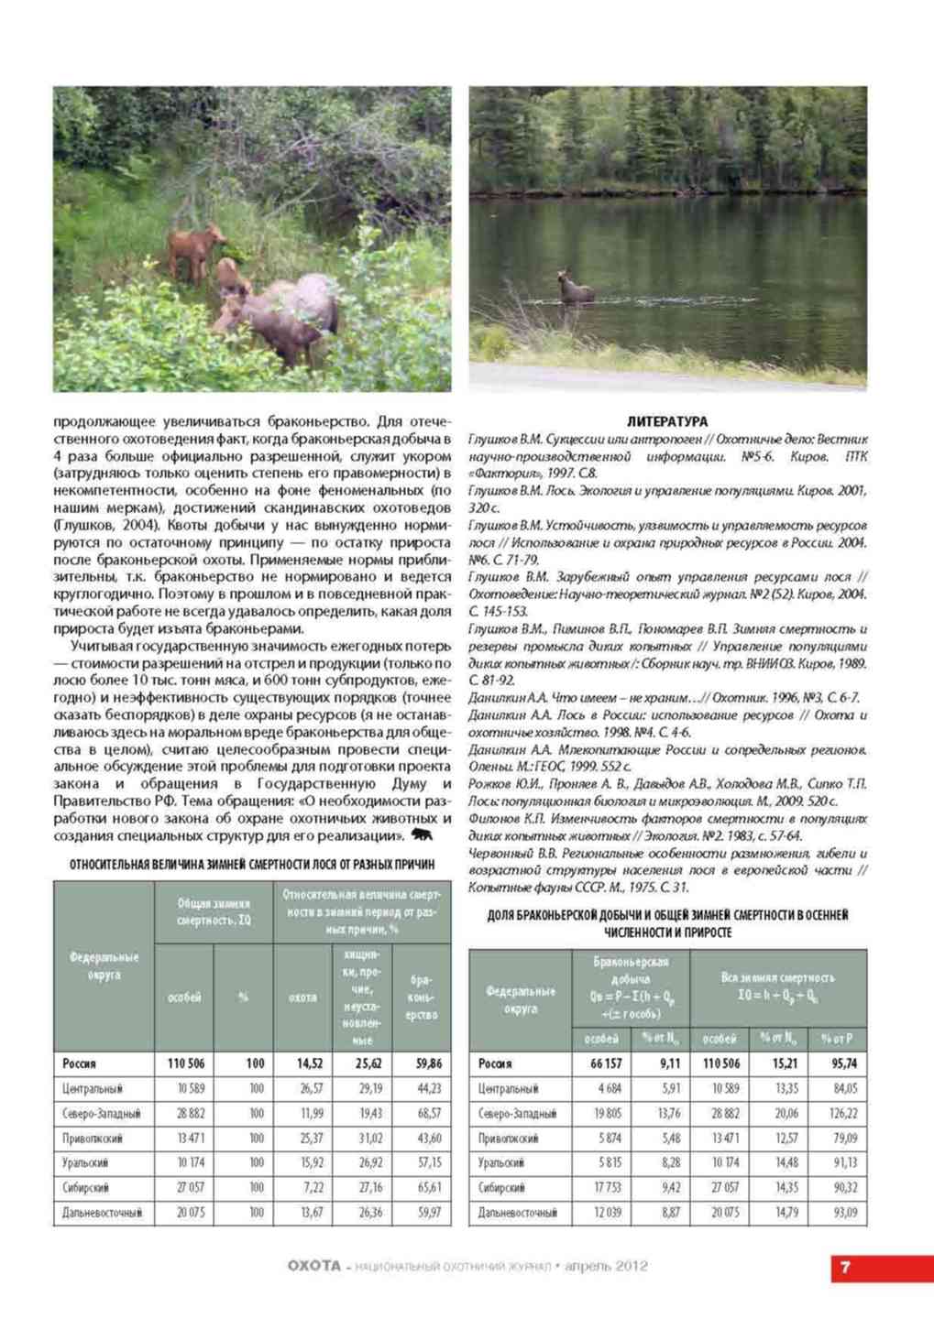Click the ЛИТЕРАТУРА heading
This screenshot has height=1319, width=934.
tap(667, 421)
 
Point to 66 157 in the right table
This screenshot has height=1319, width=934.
tap(601, 1063)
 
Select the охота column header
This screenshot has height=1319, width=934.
tap(302, 997)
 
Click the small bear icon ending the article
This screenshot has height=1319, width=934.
tap(423, 835)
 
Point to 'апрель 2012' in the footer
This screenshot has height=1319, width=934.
tap(607, 1267)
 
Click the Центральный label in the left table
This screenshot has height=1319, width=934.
tap(92, 1088)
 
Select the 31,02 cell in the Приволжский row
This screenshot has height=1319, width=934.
tap(369, 1138)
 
